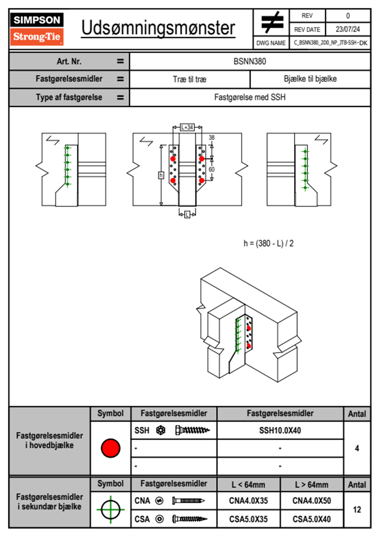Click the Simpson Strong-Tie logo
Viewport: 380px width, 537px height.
36,29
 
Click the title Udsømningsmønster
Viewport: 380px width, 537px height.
158,28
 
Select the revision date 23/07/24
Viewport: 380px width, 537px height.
347,29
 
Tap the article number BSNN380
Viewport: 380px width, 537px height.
250,61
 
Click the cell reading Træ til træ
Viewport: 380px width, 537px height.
190,79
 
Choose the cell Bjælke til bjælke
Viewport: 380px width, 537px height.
310,79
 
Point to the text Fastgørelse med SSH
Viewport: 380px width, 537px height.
250,97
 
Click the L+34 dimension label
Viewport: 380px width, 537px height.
187,127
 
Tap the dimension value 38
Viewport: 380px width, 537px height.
212,138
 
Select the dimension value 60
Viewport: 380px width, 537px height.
212,169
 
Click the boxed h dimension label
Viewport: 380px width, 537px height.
161,175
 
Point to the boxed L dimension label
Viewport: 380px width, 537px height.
187,215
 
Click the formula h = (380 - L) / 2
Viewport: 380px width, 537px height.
268,244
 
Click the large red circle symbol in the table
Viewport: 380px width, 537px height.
110,448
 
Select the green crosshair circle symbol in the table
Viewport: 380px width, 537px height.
110,510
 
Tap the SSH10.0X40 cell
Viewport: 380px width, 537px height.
280,430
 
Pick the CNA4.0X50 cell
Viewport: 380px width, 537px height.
312,501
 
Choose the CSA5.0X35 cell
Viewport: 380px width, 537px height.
248,519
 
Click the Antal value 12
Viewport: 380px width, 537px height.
357,510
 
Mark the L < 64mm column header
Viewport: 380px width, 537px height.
248,485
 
